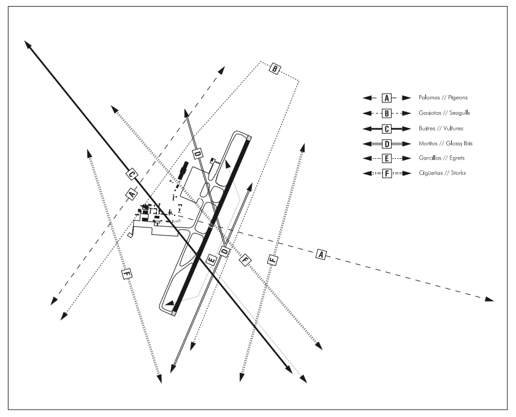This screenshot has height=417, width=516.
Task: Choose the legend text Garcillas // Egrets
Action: click(x=440, y=158)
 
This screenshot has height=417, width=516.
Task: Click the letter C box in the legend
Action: click(x=386, y=128)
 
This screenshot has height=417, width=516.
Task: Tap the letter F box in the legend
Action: click(x=386, y=173)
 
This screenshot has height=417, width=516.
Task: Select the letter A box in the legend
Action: click(x=386, y=98)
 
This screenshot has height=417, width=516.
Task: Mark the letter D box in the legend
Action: click(x=386, y=143)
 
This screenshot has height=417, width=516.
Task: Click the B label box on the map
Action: click(x=275, y=69)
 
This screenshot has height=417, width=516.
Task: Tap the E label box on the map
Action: click(x=212, y=259)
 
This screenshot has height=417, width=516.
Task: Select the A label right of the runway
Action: click(x=321, y=253)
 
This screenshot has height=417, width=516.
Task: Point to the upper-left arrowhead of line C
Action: click(x=27, y=44)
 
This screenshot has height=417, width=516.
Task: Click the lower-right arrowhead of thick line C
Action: click(x=288, y=369)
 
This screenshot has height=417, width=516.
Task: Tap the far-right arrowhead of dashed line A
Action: click(x=490, y=300)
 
